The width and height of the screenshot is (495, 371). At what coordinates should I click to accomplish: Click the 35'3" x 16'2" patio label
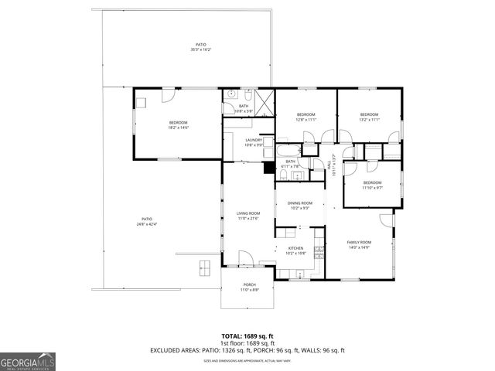tap(200, 47)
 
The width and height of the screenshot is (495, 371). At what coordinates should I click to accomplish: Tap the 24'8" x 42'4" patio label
tap(146, 222)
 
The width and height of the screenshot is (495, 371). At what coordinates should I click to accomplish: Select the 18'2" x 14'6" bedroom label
tap(179, 125)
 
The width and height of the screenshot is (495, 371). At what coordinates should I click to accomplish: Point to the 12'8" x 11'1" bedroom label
tap(306, 117)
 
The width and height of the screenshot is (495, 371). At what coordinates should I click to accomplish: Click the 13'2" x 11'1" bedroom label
tap(369, 117)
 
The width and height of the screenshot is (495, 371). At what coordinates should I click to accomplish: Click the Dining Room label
tap(299, 205)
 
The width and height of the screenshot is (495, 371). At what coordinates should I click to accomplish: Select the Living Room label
tap(247, 216)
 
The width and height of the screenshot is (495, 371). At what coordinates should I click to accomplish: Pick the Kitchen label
tap(296, 251)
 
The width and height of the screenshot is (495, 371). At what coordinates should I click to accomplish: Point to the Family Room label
tap(358, 245)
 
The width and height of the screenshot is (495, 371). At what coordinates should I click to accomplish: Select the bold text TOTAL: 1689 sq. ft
tap(247, 336)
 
